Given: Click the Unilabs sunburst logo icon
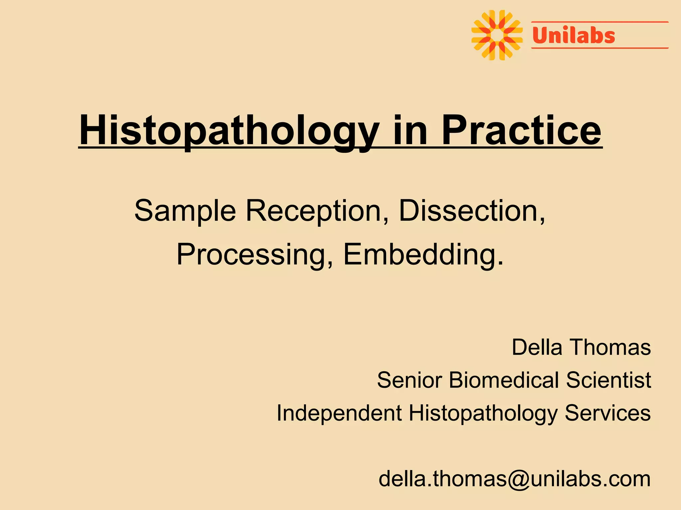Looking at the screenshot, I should tap(497, 35).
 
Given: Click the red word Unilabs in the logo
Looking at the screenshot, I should tap(574, 36).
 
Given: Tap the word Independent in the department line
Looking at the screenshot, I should tap(339, 413).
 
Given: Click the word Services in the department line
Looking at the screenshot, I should tap(608, 413).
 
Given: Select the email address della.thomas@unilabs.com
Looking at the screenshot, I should tap(514, 479).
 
